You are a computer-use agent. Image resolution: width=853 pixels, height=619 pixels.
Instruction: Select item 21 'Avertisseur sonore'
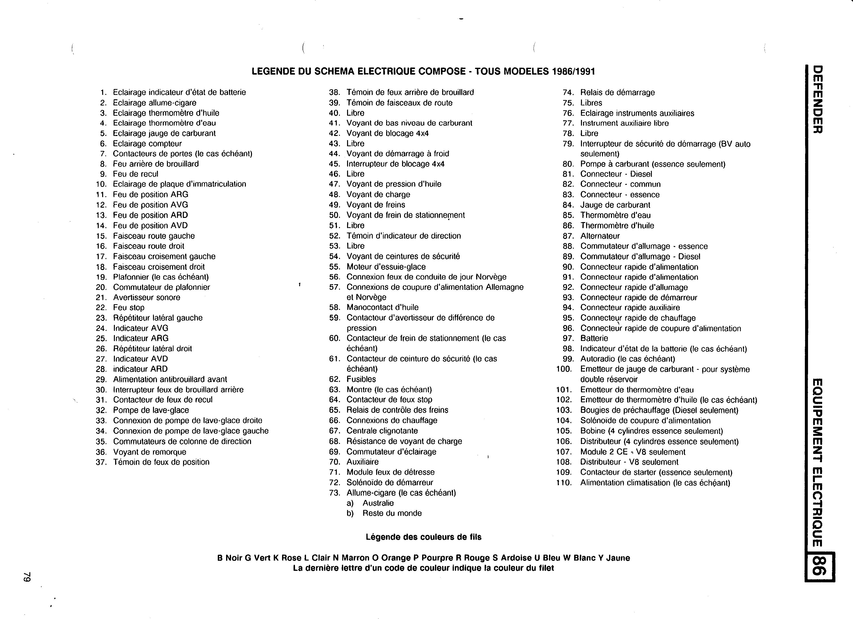pos(147,297)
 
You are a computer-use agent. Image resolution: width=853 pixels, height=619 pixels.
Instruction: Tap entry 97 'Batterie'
pos(594,338)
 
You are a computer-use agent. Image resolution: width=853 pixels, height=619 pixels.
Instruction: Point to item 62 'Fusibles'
pos(361,379)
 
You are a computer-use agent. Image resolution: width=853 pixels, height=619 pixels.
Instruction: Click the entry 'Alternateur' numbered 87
pos(600,236)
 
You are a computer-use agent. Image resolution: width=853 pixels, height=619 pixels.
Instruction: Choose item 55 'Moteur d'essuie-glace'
pos(386,267)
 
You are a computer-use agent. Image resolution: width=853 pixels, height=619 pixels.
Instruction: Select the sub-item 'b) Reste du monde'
pos(384,513)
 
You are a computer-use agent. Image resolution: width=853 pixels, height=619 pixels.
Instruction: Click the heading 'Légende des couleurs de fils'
pos(424,537)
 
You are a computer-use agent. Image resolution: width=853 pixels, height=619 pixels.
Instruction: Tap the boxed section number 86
pos(820,566)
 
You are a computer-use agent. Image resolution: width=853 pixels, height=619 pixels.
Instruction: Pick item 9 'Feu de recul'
pos(135,174)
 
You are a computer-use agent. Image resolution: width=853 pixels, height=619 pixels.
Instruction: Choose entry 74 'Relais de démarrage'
pos(617,92)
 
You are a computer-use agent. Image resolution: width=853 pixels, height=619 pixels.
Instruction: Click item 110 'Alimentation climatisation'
pos(655,483)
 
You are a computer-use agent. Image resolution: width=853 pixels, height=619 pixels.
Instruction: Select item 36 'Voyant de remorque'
pos(150,452)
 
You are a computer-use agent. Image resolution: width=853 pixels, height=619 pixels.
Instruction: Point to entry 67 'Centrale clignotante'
pos(382,431)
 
